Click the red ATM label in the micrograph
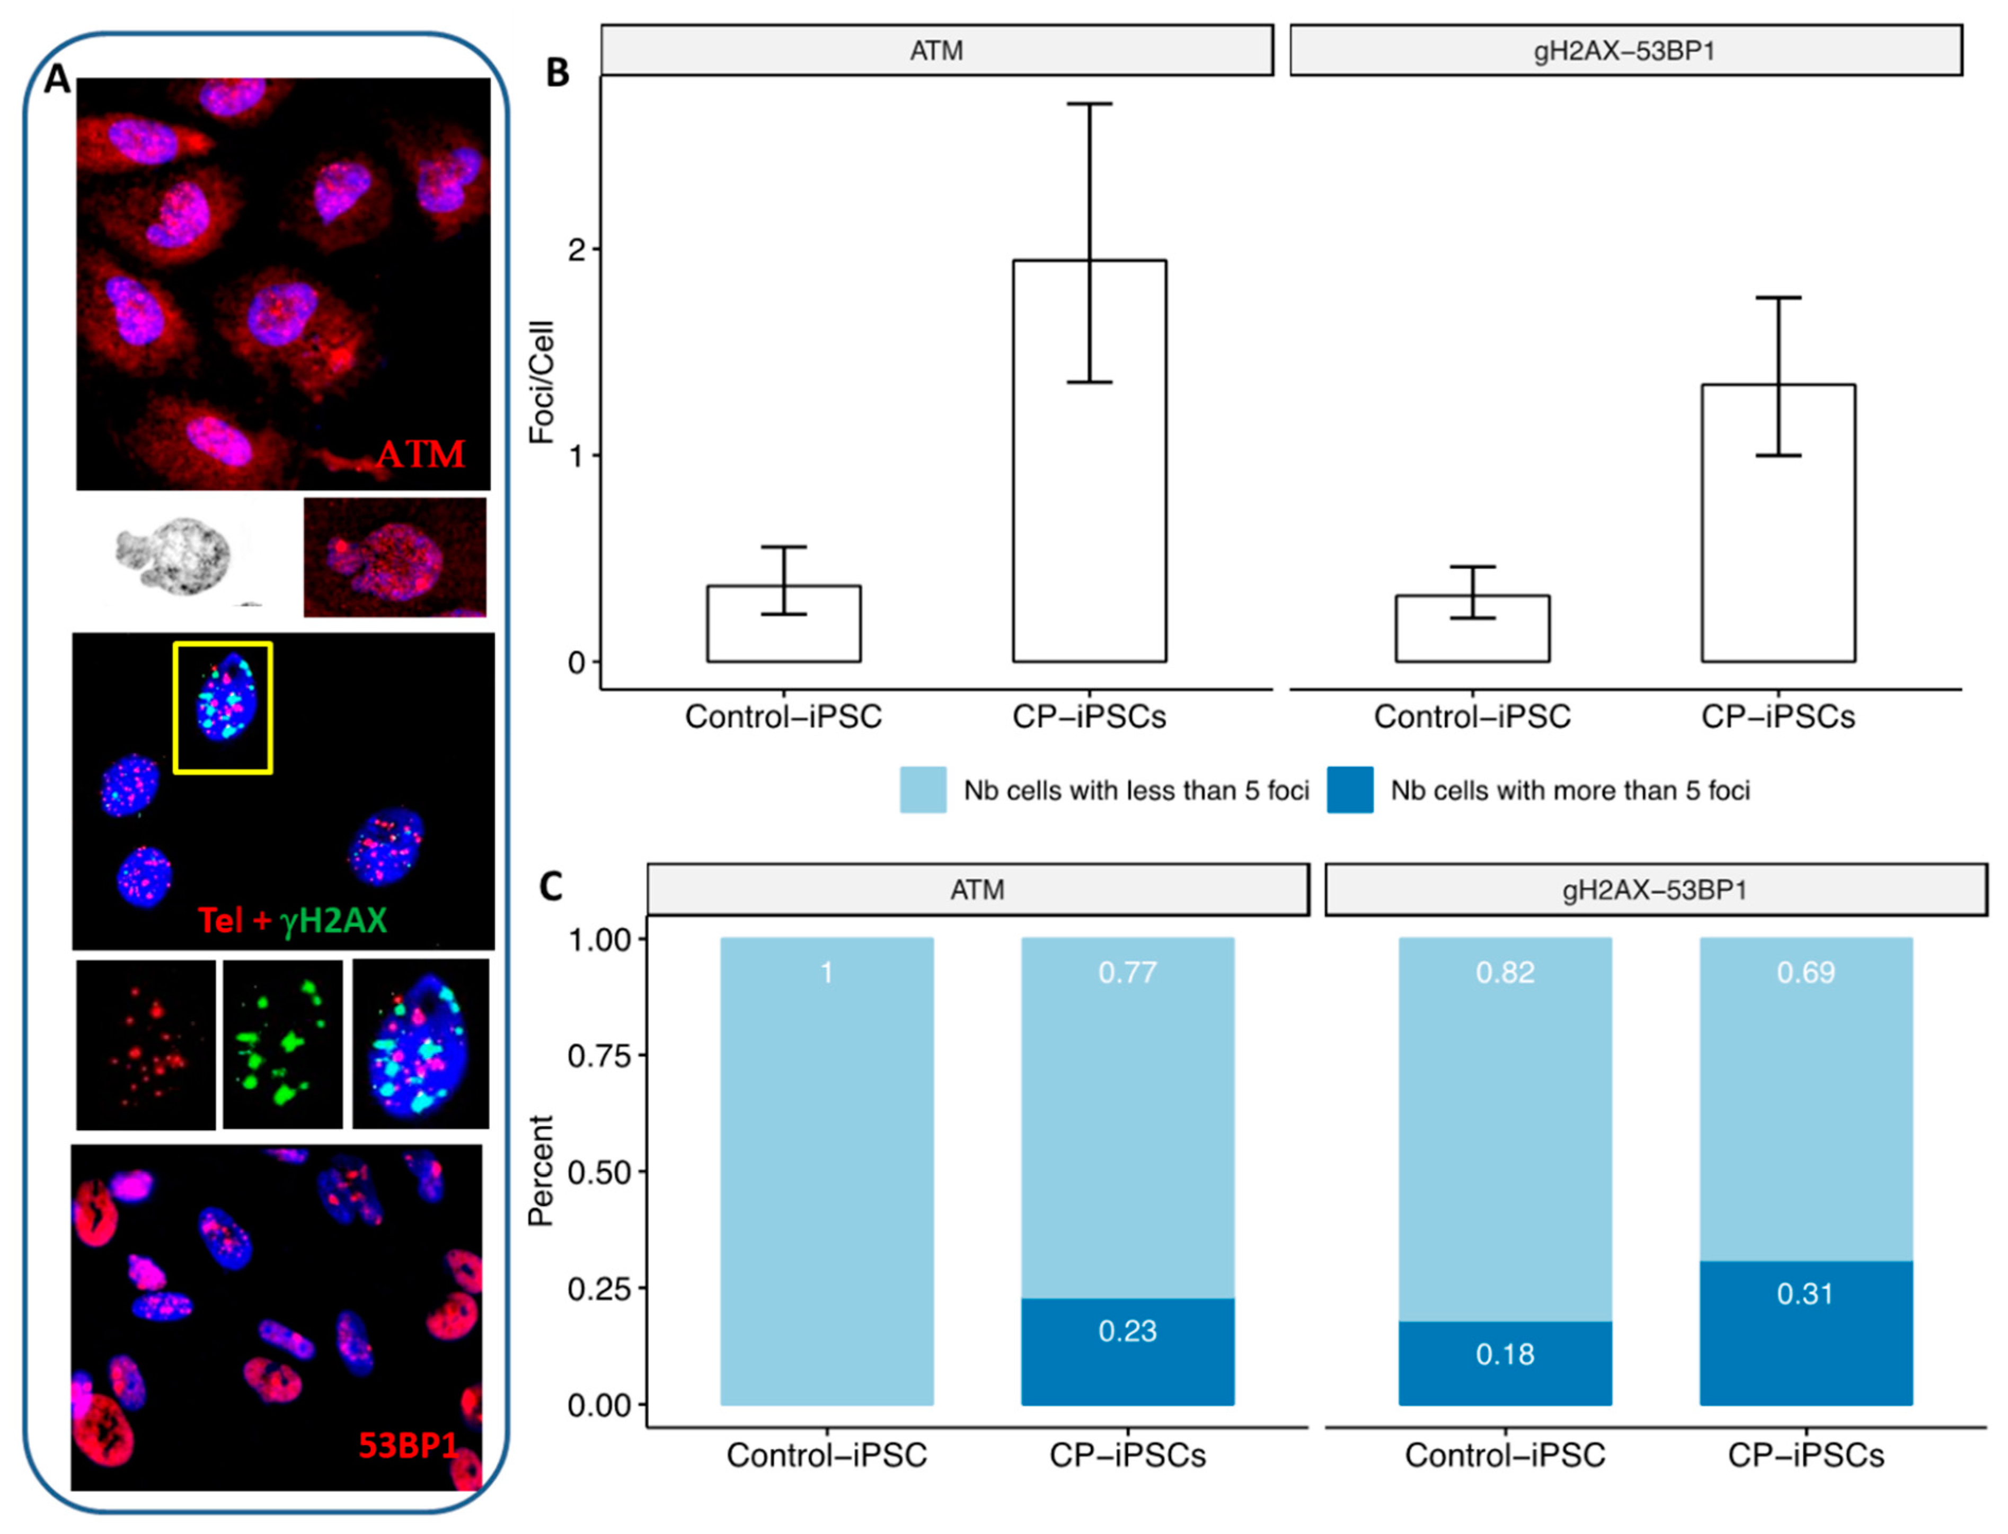(421, 454)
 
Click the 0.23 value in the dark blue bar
(1127, 1331)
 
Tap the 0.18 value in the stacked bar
(1505, 1354)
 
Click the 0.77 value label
(1127, 972)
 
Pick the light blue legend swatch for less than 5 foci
(922, 790)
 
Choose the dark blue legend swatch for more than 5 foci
(1350, 790)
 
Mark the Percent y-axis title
(541, 1171)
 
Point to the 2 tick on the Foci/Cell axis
(576, 249)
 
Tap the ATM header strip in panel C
(977, 889)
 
